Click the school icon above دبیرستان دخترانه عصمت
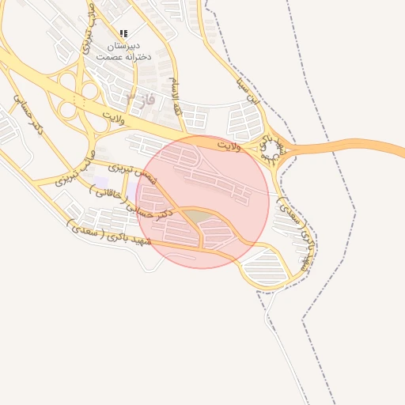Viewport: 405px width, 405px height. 123,33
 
